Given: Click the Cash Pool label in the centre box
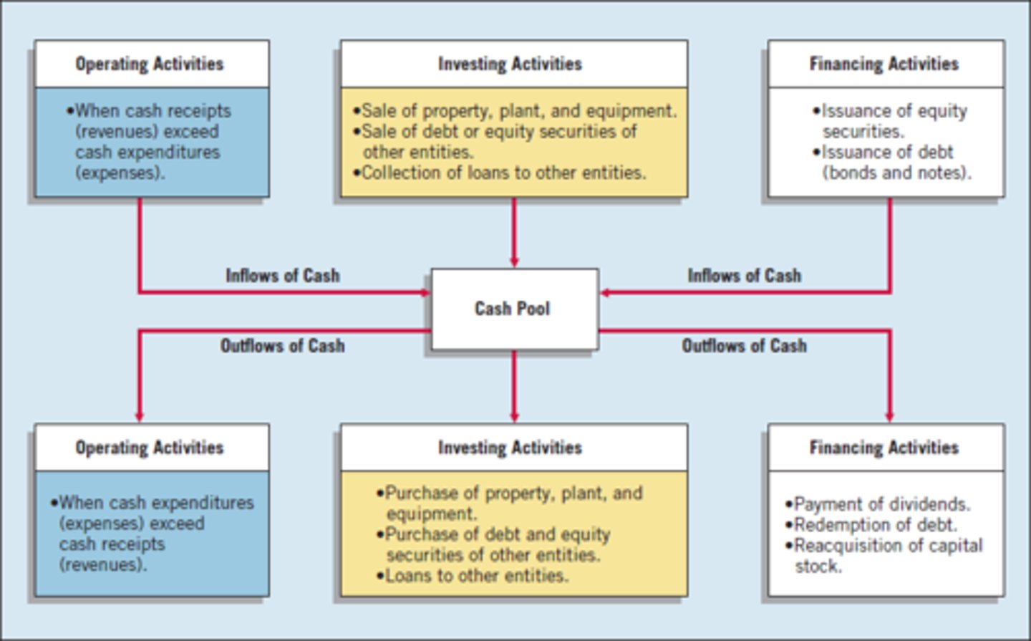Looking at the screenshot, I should tap(512, 309).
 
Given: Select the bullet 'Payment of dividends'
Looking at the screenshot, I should tap(881, 504).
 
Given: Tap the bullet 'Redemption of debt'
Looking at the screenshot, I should tap(875, 525).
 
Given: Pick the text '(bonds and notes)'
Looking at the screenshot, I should tap(896, 173).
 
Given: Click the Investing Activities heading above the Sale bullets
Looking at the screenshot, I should tap(510, 64).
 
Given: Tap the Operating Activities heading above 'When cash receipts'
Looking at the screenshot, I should tap(150, 64).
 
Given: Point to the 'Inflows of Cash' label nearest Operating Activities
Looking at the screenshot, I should tap(283, 276).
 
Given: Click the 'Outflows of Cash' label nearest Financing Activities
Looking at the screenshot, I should tap(744, 346).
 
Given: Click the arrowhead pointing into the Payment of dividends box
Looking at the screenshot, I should tap(889, 417).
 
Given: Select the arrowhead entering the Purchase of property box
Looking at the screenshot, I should tap(514, 417).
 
